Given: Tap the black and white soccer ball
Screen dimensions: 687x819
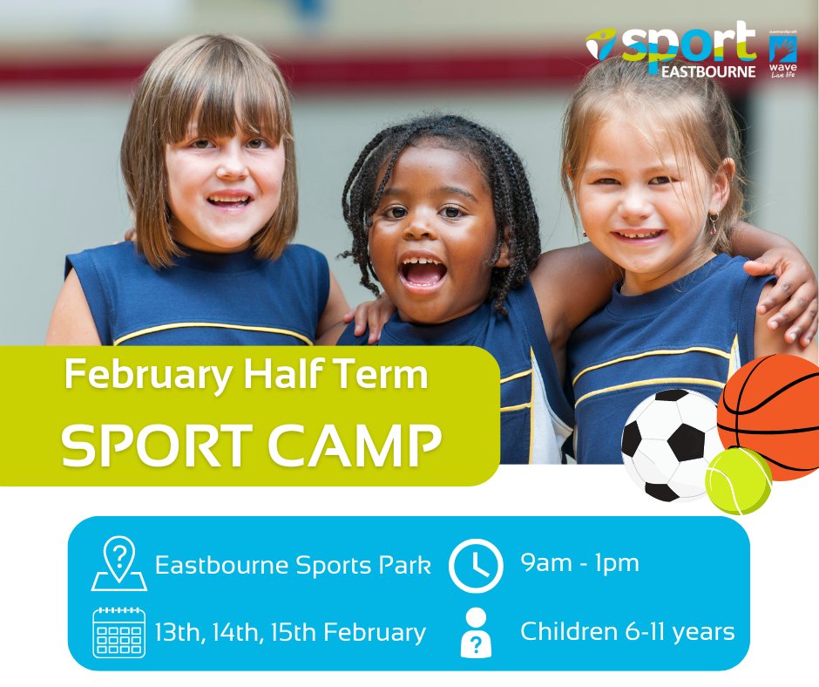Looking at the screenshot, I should [x=670, y=442].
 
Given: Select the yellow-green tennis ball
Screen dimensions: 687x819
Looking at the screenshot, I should [x=738, y=482].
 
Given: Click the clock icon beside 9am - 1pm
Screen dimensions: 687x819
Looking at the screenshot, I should [x=476, y=566].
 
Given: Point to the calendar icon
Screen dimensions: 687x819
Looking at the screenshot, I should [x=118, y=632].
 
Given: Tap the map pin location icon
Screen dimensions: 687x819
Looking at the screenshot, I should [x=118, y=565].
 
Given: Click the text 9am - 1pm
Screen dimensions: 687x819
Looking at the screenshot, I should [x=579, y=563].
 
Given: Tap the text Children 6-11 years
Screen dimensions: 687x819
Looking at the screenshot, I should [x=627, y=631].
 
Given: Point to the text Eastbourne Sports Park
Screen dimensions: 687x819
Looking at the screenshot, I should [x=293, y=565].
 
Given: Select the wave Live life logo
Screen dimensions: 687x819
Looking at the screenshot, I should [x=783, y=57].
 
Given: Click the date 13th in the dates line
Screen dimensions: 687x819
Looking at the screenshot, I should [x=179, y=632].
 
